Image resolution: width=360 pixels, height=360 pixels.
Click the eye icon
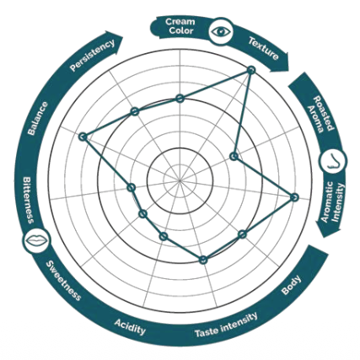[x=221, y=31]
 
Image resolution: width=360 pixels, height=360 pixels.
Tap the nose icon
[x=333, y=161]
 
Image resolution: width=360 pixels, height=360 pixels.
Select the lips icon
[x=37, y=240]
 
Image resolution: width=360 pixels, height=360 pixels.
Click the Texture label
[x=263, y=49]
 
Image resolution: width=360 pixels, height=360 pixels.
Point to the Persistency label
[x=93, y=55]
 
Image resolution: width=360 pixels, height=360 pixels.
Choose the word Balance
[x=38, y=118]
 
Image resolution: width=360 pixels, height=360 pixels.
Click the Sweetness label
[x=63, y=281]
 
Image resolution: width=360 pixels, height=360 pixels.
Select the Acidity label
[x=130, y=327]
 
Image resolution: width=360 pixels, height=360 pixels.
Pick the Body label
[x=291, y=285]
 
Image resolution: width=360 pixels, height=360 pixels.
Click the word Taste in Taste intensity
[x=207, y=332]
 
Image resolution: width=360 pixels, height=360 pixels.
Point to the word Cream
[x=180, y=22]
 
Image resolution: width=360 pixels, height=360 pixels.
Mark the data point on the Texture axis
[x=251, y=70]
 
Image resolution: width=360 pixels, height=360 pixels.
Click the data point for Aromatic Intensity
[x=294, y=197]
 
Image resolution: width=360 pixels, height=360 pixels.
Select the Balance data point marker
[x=83, y=137]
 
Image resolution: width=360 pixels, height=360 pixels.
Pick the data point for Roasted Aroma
[x=234, y=156]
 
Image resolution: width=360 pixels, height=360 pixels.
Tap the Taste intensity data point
[x=203, y=260]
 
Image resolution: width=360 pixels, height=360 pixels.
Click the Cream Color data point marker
[x=180, y=99]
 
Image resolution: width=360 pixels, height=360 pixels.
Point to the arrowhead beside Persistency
[x=116, y=40]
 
